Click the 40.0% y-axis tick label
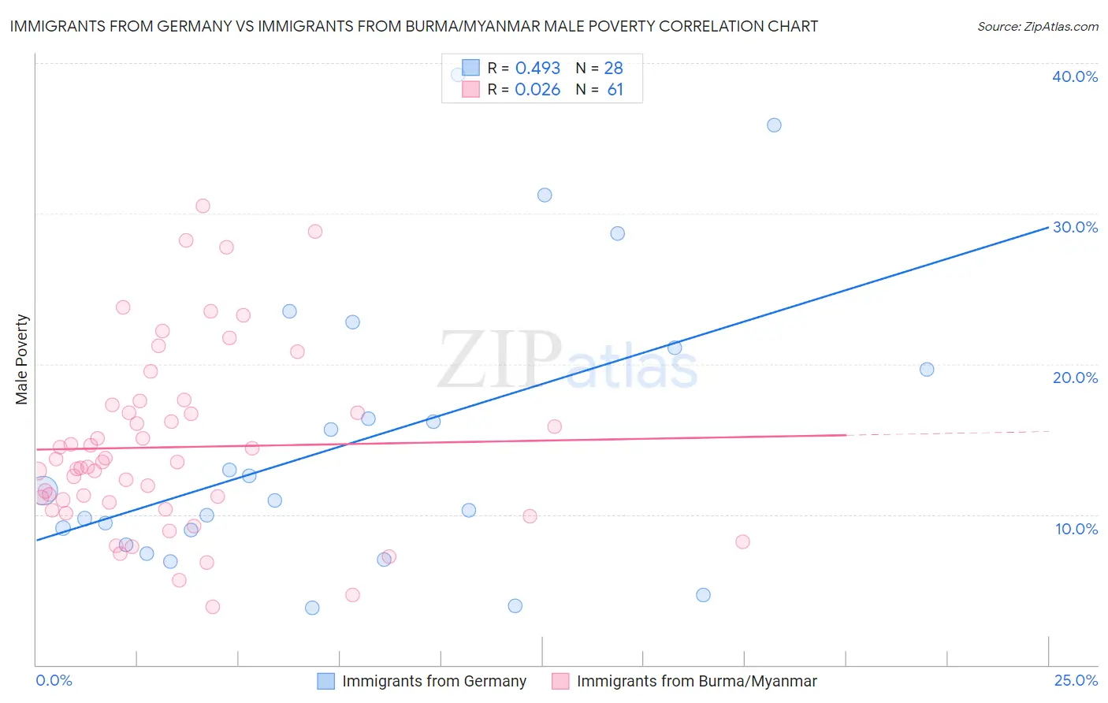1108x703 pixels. click(x=1075, y=76)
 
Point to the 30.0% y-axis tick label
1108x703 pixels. click(x=1075, y=227)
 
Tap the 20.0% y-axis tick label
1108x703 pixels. click(x=1075, y=378)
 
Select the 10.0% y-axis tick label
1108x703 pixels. click(x=1076, y=529)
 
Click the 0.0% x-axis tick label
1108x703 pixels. click(x=54, y=680)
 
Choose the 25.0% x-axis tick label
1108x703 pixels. click(x=1076, y=680)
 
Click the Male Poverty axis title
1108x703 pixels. click(x=22, y=359)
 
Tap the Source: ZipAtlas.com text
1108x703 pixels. click(x=1037, y=26)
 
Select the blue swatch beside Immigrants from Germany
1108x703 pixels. click(x=326, y=681)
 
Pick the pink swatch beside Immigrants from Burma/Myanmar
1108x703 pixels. click(x=560, y=681)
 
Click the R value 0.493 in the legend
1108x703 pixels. click(x=537, y=68)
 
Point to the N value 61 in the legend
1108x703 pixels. click(x=615, y=89)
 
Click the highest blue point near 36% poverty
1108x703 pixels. click(x=774, y=125)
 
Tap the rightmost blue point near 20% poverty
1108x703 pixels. click(x=927, y=370)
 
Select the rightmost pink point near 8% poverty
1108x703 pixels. click(x=742, y=541)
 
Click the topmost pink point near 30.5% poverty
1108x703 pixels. click(x=203, y=206)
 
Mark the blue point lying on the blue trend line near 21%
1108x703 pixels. click(x=675, y=348)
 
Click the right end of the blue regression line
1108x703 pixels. click(x=1048, y=227)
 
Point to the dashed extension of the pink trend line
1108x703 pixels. click(x=946, y=433)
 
